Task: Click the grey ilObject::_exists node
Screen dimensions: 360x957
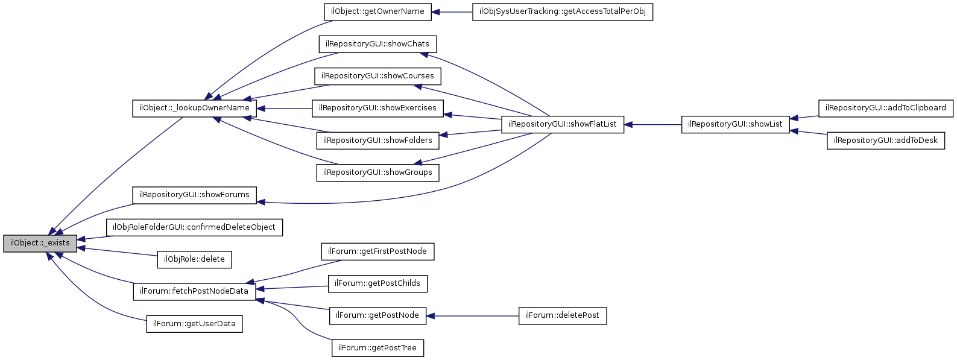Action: click(x=40, y=243)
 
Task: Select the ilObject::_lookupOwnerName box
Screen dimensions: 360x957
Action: click(x=194, y=109)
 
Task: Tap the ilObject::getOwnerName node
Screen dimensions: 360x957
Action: click(x=377, y=12)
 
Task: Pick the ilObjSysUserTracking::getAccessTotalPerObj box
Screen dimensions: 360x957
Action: click(x=563, y=12)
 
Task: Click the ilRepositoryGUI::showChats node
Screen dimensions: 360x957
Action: click(x=377, y=44)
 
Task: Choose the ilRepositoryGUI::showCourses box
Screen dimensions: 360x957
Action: click(x=377, y=76)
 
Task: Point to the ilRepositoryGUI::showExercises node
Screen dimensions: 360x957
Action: click(x=377, y=109)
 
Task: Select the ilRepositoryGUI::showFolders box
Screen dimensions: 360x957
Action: click(x=377, y=141)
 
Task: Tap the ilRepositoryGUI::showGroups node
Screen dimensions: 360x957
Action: click(x=377, y=172)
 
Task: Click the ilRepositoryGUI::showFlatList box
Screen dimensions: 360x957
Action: click(x=563, y=125)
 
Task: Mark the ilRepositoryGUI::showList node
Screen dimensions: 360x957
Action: click(x=735, y=125)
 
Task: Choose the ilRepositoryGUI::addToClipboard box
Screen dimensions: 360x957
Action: click(x=886, y=109)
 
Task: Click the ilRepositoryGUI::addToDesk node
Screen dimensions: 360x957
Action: click(x=886, y=141)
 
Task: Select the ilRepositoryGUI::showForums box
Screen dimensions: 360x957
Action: click(x=194, y=195)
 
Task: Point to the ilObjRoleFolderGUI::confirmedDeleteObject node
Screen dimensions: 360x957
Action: click(x=194, y=227)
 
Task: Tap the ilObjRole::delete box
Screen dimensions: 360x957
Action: click(x=194, y=259)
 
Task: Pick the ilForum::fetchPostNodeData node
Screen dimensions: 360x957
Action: click(x=194, y=291)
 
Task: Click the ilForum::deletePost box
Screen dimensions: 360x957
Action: click(x=563, y=316)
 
